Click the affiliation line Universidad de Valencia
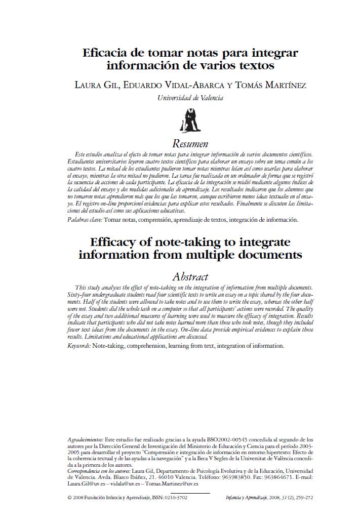coord(190,98)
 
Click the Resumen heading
coord(190,143)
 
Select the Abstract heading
coord(190,276)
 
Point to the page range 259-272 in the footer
coord(302,498)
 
